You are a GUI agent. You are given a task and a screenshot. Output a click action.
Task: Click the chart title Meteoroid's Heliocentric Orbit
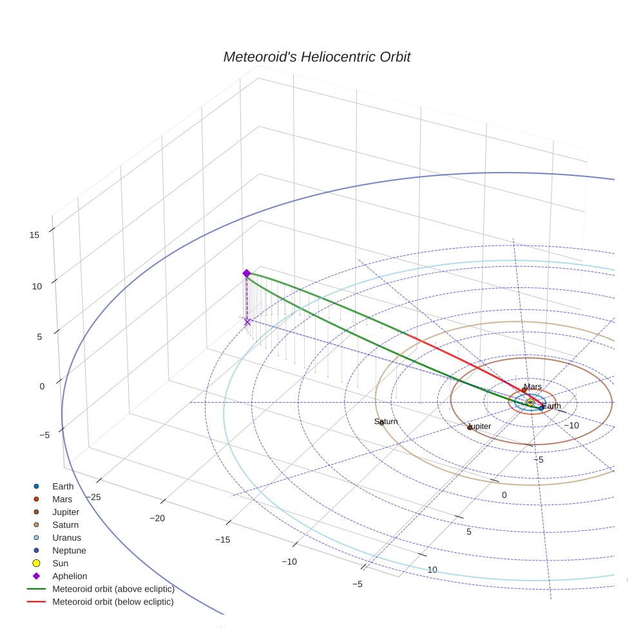pos(316,57)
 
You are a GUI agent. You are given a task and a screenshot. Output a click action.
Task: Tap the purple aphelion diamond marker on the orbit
pos(246,273)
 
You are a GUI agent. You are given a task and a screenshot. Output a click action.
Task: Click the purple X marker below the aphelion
pos(247,322)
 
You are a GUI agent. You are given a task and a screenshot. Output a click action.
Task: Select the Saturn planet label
pos(386,421)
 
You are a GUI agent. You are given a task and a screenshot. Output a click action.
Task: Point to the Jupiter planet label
pos(479,427)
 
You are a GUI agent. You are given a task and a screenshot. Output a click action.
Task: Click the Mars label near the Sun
pos(533,387)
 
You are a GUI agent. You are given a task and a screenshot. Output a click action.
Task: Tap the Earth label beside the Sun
pos(552,406)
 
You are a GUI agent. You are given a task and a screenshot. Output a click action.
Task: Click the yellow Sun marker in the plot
pos(530,403)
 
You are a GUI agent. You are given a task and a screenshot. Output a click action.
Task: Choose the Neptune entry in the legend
pos(69,550)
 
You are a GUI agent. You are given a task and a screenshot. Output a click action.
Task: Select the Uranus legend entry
pos(67,537)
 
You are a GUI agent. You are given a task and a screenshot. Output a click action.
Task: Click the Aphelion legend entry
pos(70,576)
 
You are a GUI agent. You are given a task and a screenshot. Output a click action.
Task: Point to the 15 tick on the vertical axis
pos(34,235)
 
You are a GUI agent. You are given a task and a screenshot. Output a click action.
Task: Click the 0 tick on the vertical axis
pos(42,386)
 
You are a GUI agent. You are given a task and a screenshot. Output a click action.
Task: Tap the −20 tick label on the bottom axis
pos(157,518)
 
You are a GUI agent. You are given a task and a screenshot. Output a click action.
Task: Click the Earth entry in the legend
pos(63,486)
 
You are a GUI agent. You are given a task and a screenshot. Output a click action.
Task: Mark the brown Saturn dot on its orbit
pos(381,423)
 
